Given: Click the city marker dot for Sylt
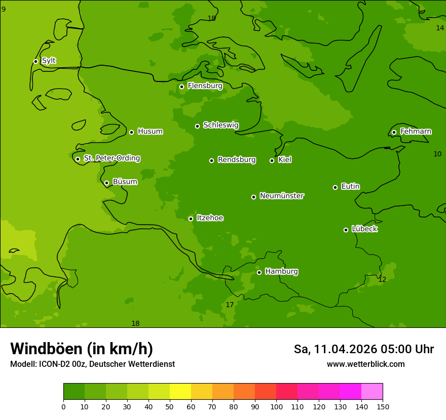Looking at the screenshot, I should [35, 61].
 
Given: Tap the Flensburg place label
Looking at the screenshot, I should [205, 86].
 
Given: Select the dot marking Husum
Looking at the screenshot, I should [131, 132].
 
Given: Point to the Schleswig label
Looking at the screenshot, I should [220, 125].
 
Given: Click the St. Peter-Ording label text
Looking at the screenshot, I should [111, 158].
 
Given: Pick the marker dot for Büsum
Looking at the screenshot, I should [106, 183].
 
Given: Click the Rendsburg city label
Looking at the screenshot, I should [236, 160].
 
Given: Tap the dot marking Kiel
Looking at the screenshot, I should [272, 160].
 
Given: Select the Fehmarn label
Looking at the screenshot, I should [416, 132].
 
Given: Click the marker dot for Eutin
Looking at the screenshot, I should [335, 187].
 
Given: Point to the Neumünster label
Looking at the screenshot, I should [281, 196].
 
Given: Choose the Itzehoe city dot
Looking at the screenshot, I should [191, 219].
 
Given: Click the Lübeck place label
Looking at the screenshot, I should [364, 229].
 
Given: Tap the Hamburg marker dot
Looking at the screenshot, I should [259, 272].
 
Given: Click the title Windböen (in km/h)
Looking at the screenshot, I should [82, 349].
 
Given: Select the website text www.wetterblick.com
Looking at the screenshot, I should [365, 364].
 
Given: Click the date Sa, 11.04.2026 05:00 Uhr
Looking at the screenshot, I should [363, 349].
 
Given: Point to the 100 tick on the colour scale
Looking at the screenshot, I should [276, 406].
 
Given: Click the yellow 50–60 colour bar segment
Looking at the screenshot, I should [180, 392].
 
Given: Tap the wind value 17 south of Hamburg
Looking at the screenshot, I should [230, 305].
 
